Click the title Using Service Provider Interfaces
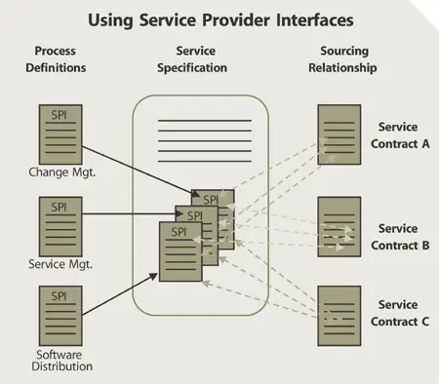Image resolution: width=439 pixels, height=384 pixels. click(219, 19)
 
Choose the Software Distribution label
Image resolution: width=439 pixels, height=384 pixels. click(60, 360)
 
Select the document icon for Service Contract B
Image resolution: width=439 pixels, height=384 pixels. click(338, 225)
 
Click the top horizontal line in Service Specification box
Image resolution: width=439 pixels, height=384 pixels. click(204, 121)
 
